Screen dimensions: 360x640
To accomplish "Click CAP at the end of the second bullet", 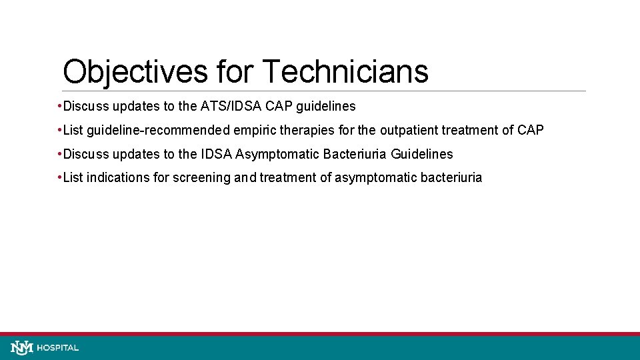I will tap(531, 130).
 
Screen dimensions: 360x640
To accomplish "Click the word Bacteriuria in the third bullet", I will tap(355, 154).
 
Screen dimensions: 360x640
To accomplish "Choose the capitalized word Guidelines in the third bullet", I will tap(422, 154).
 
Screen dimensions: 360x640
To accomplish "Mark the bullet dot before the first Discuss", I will tap(60, 106).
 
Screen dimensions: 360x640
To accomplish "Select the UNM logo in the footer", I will tap(22, 347).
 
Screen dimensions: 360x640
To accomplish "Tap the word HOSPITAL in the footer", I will tap(58, 348).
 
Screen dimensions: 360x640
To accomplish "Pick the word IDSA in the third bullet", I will tap(217, 154).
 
